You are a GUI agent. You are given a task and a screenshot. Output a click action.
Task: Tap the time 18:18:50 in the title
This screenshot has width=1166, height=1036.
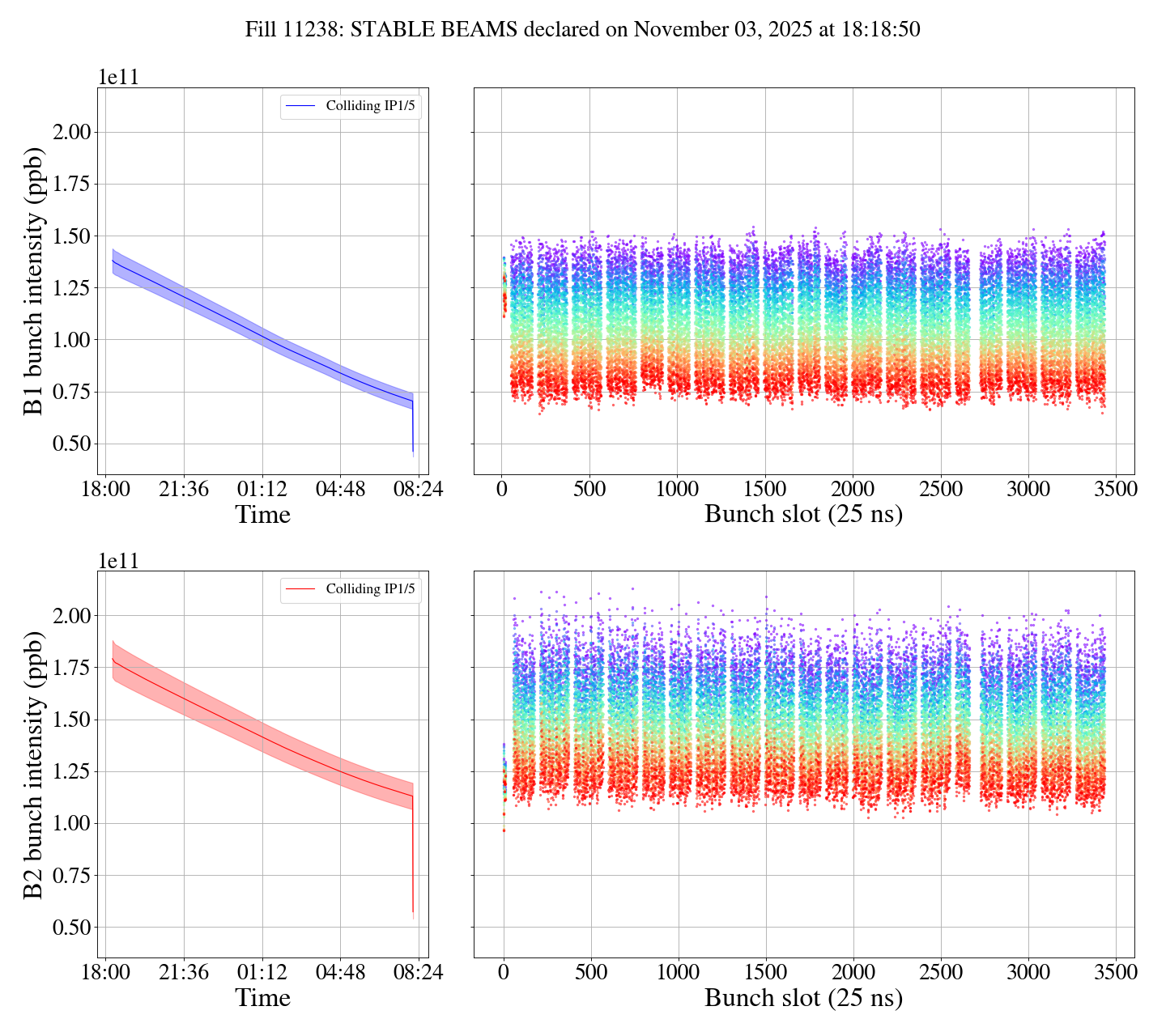[x=882, y=30]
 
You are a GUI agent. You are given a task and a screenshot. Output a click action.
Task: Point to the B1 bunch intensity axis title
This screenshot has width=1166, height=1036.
[x=34, y=281]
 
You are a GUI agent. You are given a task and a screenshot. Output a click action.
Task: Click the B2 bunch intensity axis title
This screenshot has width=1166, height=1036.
[x=34, y=764]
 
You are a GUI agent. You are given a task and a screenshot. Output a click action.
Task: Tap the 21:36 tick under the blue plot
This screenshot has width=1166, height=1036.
[x=184, y=490]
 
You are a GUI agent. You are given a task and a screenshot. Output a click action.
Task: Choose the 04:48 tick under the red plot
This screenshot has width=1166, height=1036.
[x=340, y=973]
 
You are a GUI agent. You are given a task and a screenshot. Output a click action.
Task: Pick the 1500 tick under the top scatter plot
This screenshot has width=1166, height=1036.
[x=765, y=490]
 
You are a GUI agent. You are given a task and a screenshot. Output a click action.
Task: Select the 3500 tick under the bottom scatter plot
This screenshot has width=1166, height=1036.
[x=1115, y=973]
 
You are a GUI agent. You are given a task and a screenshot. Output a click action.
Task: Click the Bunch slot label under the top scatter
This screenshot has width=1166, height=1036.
[x=803, y=515]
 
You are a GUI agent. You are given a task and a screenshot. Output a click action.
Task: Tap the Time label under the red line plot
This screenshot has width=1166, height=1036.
[x=262, y=998]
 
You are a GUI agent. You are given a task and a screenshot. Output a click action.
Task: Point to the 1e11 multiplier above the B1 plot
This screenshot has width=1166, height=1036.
[x=118, y=78]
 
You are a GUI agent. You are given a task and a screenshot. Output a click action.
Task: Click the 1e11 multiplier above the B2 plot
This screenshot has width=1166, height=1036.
[x=118, y=561]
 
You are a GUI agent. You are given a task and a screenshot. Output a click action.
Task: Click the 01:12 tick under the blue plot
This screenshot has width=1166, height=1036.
[x=262, y=490]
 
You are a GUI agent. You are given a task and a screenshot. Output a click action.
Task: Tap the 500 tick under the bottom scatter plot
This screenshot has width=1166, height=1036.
[x=590, y=973]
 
